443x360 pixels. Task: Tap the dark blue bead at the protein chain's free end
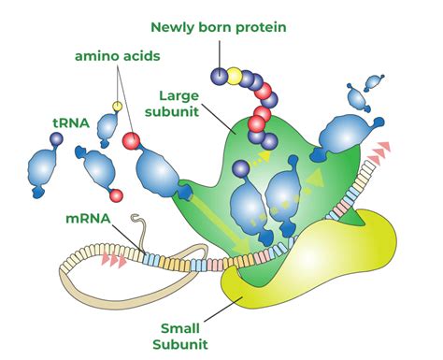(218, 74)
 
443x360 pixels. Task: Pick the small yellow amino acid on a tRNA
(118, 106)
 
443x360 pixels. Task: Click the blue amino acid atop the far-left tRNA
(55, 138)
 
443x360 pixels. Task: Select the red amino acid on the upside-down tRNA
(116, 196)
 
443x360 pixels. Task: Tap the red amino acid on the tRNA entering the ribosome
(133, 142)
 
